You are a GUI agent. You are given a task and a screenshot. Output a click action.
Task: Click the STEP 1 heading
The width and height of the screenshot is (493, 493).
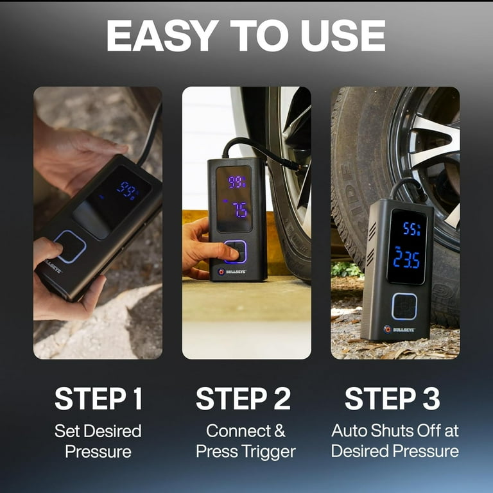pyautogui.click(x=98, y=399)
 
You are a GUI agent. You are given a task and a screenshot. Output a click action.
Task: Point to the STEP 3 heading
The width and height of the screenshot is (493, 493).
pyautogui.click(x=392, y=399)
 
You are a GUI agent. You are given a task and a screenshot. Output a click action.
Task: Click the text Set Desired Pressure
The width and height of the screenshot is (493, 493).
pyautogui.click(x=98, y=440)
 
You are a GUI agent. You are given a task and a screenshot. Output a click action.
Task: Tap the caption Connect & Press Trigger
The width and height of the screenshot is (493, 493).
pyautogui.click(x=246, y=440)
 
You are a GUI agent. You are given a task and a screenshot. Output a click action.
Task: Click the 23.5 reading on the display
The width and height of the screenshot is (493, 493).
pyautogui.click(x=406, y=259)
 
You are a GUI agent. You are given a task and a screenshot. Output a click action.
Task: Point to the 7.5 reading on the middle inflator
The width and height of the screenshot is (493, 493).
pyautogui.click(x=239, y=211)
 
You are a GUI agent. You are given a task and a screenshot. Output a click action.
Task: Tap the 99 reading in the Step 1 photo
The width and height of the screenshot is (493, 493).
pyautogui.click(x=127, y=189)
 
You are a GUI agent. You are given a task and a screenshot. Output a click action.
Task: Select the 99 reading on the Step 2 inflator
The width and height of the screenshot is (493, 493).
pyautogui.click(x=237, y=182)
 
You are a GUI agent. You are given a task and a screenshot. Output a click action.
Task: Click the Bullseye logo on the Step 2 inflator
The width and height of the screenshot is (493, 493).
pyautogui.click(x=233, y=272)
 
